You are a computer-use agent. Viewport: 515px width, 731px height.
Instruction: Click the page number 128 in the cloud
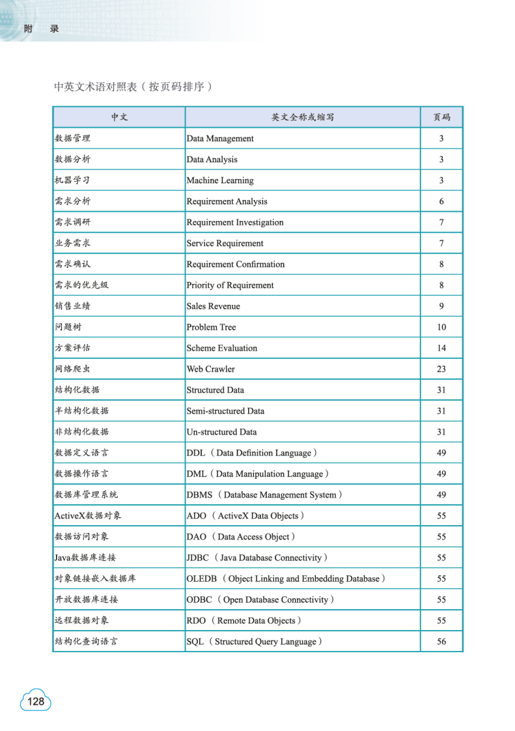point(36,701)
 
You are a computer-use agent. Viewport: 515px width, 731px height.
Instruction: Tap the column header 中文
point(119,117)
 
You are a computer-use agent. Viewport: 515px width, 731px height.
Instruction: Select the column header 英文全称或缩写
point(303,117)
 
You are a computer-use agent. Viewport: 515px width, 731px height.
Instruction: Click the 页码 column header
point(441,117)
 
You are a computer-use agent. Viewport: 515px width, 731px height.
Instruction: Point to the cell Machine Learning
point(220,180)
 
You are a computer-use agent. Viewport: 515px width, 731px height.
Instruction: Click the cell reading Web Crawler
point(210,369)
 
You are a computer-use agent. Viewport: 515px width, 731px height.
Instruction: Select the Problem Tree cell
point(211,327)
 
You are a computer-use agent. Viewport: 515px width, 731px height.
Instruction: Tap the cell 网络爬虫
point(73,369)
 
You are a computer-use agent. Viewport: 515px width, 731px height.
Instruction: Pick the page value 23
point(441,369)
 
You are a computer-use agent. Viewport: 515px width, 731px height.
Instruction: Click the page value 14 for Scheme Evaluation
point(441,348)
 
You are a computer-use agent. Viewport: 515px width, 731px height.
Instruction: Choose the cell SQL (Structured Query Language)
point(255,642)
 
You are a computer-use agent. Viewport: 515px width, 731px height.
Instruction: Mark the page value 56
point(441,642)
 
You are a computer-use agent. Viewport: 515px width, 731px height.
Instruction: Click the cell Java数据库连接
point(85,558)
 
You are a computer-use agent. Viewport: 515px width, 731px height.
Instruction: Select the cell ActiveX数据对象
point(88,516)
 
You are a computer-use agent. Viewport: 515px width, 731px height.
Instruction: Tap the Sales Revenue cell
point(213,306)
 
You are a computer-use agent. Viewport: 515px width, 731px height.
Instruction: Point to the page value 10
point(441,327)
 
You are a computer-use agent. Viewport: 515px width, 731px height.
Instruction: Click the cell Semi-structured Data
point(225,411)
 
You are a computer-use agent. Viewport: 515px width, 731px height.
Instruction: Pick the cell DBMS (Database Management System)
point(264,495)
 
